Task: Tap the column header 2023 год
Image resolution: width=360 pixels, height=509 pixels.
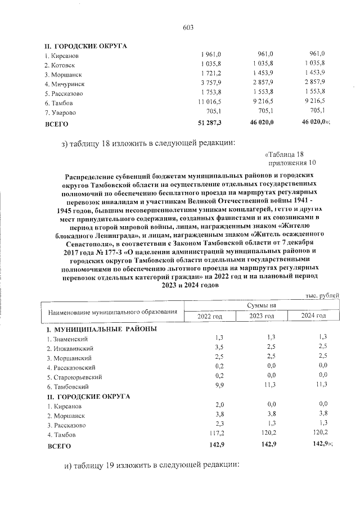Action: coord(262,316)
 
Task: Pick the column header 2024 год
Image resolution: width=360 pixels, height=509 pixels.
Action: coord(313,316)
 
